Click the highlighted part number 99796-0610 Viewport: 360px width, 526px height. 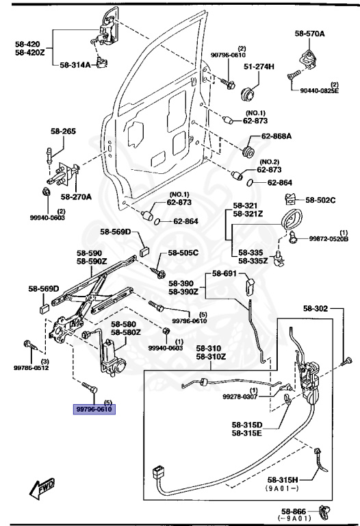pyautogui.click(x=94, y=410)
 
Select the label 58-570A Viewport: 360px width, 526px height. pyautogui.click(x=310, y=33)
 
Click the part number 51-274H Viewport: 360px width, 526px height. pyautogui.click(x=259, y=66)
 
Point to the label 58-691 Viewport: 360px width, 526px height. pyautogui.click(x=224, y=273)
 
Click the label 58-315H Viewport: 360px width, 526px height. pyautogui.click(x=285, y=479)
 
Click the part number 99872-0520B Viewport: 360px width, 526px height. pyautogui.click(x=329, y=239)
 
